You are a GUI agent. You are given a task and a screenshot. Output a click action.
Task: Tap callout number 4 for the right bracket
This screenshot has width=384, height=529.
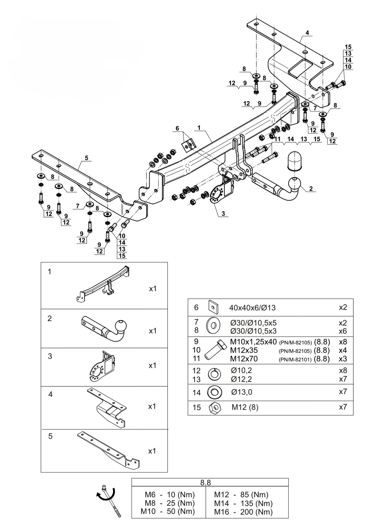[x=307, y=33]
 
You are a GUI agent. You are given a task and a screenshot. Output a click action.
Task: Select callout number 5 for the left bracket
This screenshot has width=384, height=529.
[x=86, y=158]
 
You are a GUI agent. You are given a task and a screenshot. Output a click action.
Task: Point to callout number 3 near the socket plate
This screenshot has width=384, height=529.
[x=223, y=214]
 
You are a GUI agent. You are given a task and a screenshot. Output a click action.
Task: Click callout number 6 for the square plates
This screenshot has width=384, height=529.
[x=177, y=128]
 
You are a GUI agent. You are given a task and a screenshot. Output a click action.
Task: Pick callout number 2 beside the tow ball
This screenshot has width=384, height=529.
[x=311, y=188]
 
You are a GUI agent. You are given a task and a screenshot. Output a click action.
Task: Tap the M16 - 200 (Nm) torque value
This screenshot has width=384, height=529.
[x=244, y=512]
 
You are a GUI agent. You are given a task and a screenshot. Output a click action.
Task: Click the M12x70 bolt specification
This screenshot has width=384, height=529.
[x=244, y=359]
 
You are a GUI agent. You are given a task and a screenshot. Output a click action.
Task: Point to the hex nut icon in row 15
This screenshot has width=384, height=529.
[x=215, y=407]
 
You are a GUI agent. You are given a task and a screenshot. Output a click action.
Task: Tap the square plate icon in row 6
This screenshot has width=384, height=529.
[x=213, y=307]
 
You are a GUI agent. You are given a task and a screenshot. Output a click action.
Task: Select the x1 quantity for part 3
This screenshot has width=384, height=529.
[x=152, y=366]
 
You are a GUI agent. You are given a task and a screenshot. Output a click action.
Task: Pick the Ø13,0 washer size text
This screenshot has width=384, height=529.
[x=242, y=392]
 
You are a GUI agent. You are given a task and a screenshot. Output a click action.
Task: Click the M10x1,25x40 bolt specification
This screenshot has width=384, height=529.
[x=253, y=342]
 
